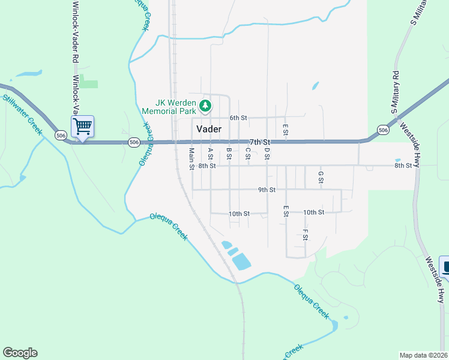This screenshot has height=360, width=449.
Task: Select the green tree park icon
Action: coord(206,106)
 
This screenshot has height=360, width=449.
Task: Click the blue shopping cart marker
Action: coord(82,126)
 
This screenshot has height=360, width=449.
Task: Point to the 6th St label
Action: coord(238,118)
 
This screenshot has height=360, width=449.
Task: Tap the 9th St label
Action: coord(267,190)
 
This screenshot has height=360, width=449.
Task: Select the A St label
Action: coord(210,154)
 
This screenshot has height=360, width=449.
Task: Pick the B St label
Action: coord(229,153)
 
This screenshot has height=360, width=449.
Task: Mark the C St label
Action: coord(247,153)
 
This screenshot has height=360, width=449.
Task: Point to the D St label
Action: coord(267,153)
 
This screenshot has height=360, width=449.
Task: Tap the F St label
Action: coord(305,234)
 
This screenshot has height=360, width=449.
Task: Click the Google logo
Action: coord(20,353)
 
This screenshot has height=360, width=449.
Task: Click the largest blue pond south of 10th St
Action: coord(241,262)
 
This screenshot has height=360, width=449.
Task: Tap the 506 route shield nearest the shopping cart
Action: coord(61,136)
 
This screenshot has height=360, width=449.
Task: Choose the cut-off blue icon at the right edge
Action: coord(445,267)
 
